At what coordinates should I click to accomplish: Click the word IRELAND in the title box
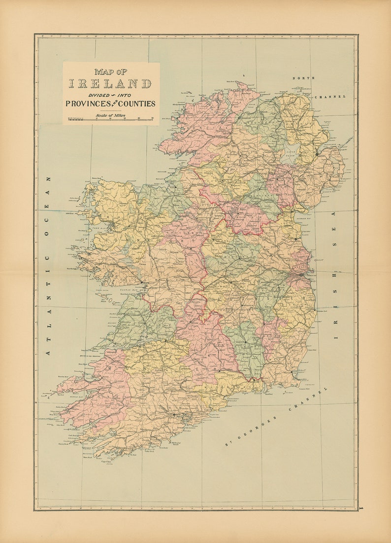[x=110, y=84]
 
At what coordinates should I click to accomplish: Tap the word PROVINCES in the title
[x=87, y=104]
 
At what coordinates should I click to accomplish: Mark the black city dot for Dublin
[x=301, y=274]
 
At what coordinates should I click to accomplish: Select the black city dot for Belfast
[x=318, y=154]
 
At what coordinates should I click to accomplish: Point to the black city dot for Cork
[x=174, y=415]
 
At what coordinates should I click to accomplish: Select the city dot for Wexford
[x=292, y=372]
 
